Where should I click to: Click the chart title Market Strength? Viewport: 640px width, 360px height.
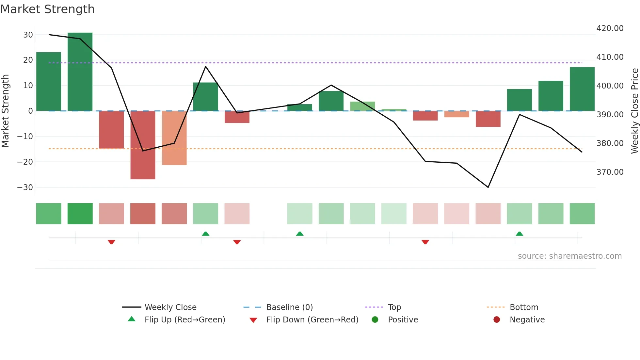[x=47, y=9]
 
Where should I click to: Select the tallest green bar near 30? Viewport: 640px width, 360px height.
[x=80, y=72]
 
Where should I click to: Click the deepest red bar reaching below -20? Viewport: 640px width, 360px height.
[x=143, y=145]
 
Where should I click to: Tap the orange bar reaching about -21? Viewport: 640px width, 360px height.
[x=174, y=138]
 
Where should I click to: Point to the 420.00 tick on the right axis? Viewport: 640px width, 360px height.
[x=610, y=28]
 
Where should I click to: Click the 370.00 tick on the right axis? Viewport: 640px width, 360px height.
[x=610, y=172]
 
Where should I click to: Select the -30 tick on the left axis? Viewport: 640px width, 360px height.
[x=25, y=188]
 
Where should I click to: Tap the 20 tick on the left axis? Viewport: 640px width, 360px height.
[x=28, y=60]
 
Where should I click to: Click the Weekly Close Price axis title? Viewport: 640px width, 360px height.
[x=634, y=111]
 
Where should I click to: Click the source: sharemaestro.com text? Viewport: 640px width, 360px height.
[x=569, y=256]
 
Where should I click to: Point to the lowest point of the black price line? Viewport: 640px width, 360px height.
[x=488, y=187]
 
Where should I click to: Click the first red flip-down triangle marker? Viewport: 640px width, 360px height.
[x=111, y=242]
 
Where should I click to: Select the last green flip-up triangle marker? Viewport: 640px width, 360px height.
[x=519, y=234]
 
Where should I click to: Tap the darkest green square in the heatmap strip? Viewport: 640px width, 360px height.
[x=80, y=214]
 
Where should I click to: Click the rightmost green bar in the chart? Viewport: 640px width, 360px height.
[x=582, y=89]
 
